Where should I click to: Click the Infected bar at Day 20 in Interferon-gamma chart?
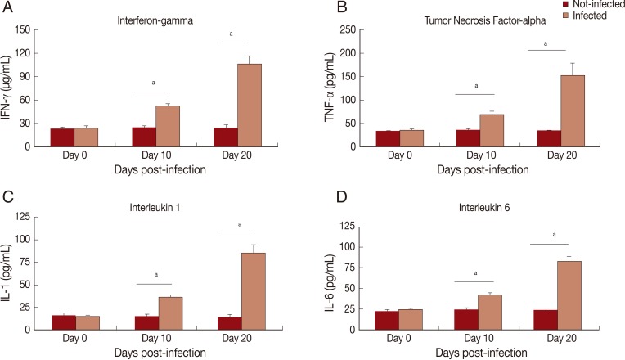click(249, 107)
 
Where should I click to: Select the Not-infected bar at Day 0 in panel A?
click(63, 138)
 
